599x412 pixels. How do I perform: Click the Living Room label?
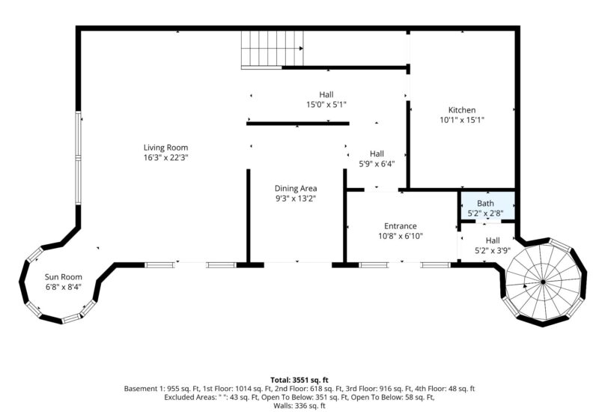[x=165, y=147]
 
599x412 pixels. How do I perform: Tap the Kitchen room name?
[x=462, y=110]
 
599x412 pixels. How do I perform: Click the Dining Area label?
[x=296, y=188]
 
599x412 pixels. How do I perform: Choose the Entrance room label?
[x=401, y=225]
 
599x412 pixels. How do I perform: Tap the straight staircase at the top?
[x=273, y=49]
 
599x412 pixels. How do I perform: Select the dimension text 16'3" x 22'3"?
[x=165, y=157]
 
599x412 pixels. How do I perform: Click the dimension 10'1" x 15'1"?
[x=462, y=120]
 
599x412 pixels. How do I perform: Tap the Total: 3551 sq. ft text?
[x=299, y=380]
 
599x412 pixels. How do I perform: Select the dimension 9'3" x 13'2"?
[x=296, y=199]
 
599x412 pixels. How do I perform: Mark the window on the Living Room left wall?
[x=78, y=159]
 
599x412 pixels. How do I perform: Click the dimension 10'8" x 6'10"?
[x=401, y=236]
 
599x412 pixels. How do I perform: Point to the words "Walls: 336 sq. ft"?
[x=299, y=406]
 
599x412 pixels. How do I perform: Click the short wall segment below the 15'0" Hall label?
[x=298, y=123]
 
